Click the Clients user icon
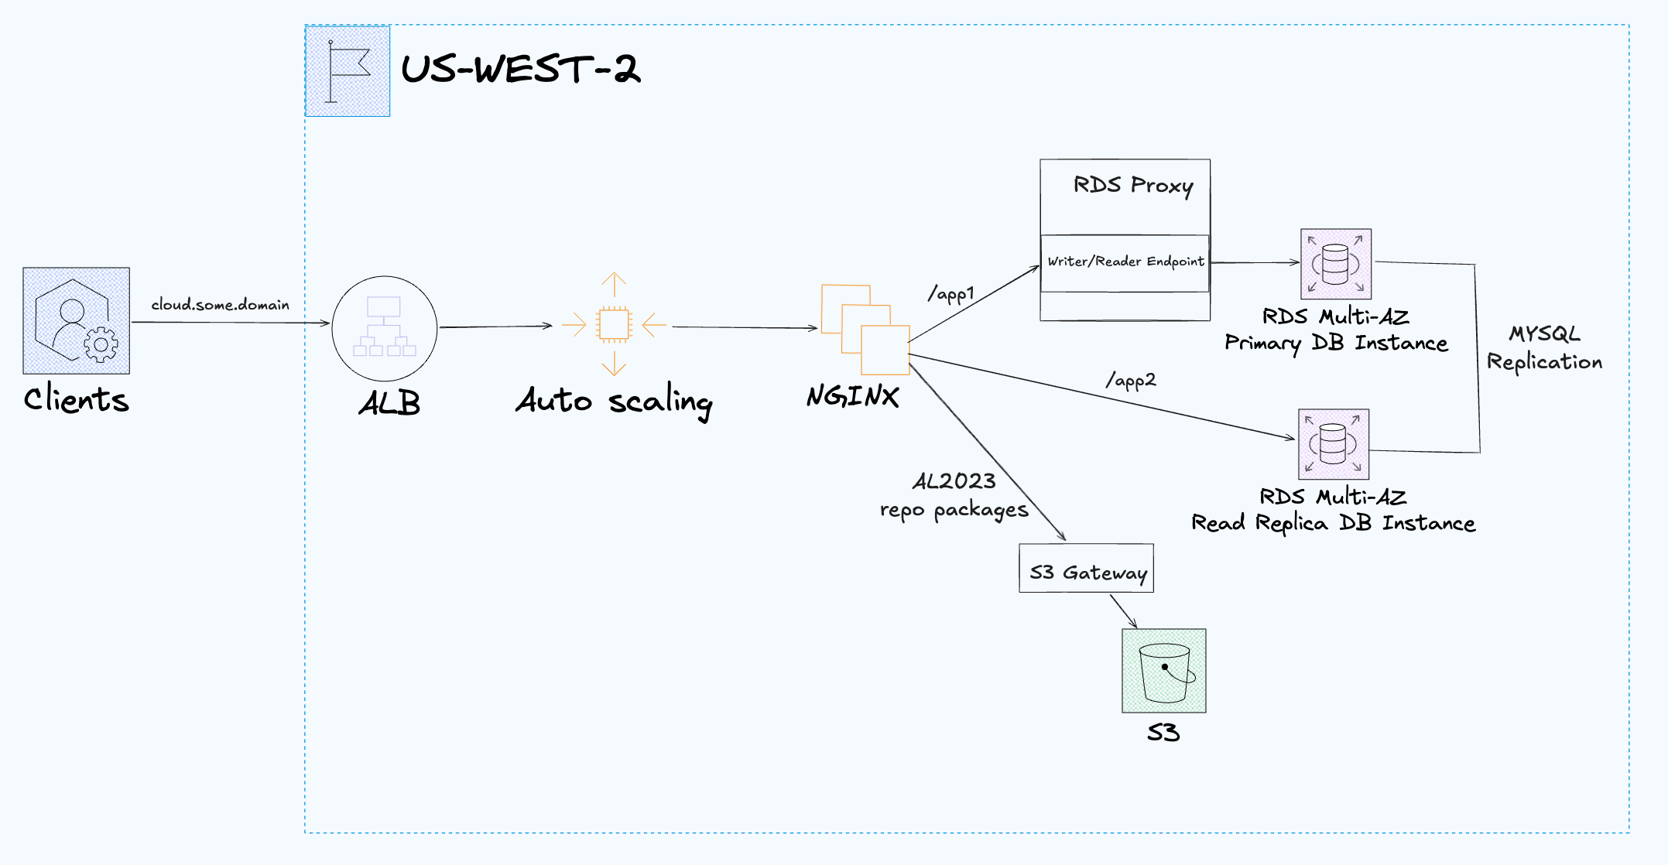(x=76, y=320)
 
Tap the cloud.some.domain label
(x=220, y=305)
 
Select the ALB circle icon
(x=385, y=328)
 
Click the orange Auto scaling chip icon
(x=614, y=324)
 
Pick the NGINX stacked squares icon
(x=865, y=330)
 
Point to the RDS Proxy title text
(x=1132, y=186)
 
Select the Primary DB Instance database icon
(x=1336, y=264)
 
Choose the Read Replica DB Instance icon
(x=1333, y=444)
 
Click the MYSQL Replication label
(x=1544, y=348)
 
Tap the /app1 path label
(x=951, y=294)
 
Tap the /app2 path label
(x=1131, y=380)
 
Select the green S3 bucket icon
(x=1163, y=671)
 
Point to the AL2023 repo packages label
(x=954, y=496)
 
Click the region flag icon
(x=348, y=71)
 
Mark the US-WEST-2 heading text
(x=520, y=70)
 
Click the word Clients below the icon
(x=76, y=399)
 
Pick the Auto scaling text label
(x=614, y=402)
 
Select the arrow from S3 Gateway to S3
(x=1124, y=611)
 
